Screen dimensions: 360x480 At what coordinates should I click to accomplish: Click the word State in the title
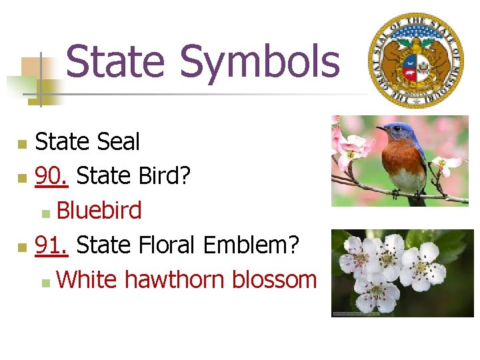coord(115,61)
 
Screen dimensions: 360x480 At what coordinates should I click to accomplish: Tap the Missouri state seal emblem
coord(416,60)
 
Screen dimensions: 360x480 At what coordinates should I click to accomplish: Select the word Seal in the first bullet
coord(118,141)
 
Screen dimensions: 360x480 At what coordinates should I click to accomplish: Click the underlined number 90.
coord(51,176)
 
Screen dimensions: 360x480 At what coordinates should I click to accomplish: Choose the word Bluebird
coord(99,211)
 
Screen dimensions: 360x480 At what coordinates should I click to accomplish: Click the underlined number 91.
coord(51,245)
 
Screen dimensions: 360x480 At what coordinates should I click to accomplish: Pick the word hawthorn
coord(175,280)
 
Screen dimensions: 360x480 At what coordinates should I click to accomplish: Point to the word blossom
coord(274,280)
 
